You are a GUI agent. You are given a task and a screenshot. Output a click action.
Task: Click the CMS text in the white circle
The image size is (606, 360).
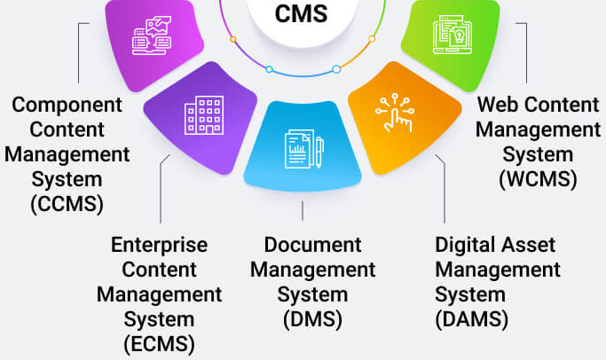pos(303,14)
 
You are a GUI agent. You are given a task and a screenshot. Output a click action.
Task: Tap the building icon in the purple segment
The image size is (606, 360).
pos(203,115)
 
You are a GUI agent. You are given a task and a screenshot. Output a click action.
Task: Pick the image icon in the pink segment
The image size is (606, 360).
pos(151,34)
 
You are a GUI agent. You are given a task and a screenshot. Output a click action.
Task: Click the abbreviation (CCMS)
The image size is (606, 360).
pos(67,203)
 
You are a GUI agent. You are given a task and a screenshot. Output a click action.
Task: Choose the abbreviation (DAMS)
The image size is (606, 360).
pos(472,318)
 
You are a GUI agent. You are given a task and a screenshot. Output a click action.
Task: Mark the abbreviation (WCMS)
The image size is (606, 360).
pos(538,178)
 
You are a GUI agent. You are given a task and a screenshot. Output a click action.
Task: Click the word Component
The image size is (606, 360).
pos(67,105)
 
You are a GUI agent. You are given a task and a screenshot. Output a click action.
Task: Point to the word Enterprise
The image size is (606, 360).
pos(159,243)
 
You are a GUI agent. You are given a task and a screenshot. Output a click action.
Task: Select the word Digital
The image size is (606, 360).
pos(466,243)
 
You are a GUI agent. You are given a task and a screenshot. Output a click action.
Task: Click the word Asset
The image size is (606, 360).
pos(531,243)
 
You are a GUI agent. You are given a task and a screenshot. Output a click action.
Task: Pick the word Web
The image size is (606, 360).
pos(497,105)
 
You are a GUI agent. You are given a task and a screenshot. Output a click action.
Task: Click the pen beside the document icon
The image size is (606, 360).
pos(319,152)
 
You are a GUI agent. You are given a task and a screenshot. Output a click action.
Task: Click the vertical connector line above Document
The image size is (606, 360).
pos(303,210)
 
